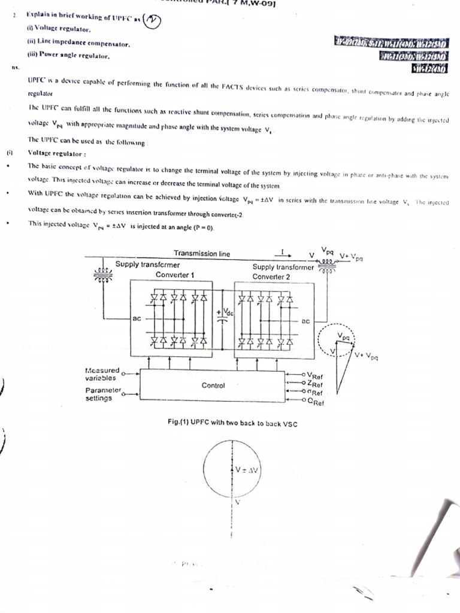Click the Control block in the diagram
pyautogui.click(x=213, y=386)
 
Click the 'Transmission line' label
pyautogui.click(x=201, y=254)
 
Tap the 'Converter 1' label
pyautogui.click(x=175, y=275)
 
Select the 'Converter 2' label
pyautogui.click(x=271, y=277)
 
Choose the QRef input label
pyautogui.click(x=315, y=402)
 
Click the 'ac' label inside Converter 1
pyautogui.click(x=137, y=318)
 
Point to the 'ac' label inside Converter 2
pyautogui.click(x=305, y=321)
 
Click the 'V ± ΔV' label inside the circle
pyautogui.click(x=246, y=470)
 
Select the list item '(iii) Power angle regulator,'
pyautogui.click(x=68, y=55)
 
